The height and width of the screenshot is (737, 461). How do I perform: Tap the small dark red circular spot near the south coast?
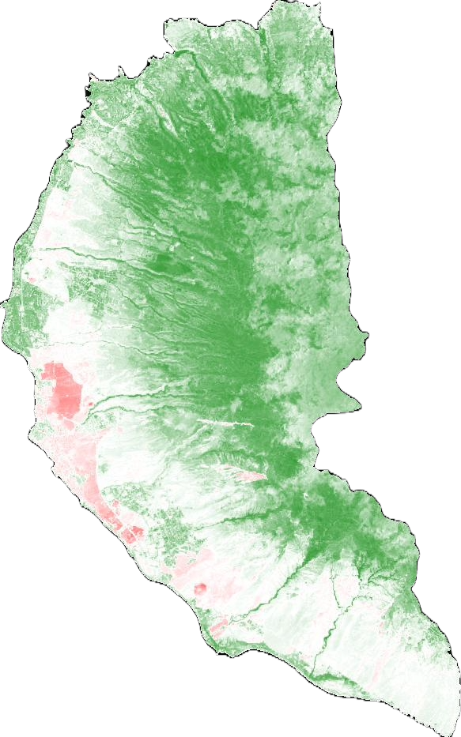pos(200,588)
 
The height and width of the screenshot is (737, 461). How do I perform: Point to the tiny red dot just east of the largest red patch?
pos(91,406)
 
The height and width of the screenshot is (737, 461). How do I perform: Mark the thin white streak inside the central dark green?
pos(225,423)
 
